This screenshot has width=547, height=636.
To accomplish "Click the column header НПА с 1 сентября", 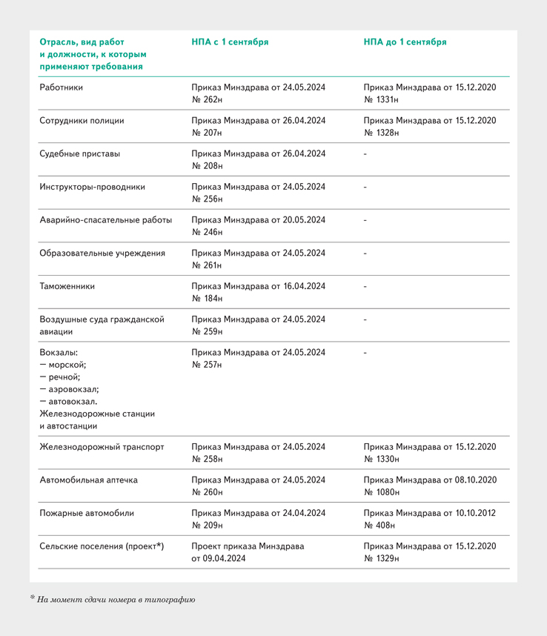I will pos(230,42).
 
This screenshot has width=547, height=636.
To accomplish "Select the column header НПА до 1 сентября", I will pos(405,42).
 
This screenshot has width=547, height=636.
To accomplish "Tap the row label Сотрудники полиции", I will pos(82,121).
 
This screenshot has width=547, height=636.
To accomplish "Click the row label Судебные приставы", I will pos(79,154).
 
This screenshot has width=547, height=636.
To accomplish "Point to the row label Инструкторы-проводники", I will pos(92,187).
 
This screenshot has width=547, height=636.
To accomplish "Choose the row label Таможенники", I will pos(67,286).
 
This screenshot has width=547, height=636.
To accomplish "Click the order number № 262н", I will pos(207,100).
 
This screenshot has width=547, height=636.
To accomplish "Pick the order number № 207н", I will pos(207,133).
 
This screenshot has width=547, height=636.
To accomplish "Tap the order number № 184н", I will pos(207,299).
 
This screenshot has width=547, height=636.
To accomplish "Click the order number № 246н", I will pos(207,233).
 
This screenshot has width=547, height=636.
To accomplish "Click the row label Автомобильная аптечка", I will pos(90,480).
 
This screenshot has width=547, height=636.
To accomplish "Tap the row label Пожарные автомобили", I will pos(87,513).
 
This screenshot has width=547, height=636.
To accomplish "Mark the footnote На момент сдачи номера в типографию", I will pos(116,599).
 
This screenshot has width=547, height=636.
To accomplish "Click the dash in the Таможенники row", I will pos(365,286).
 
